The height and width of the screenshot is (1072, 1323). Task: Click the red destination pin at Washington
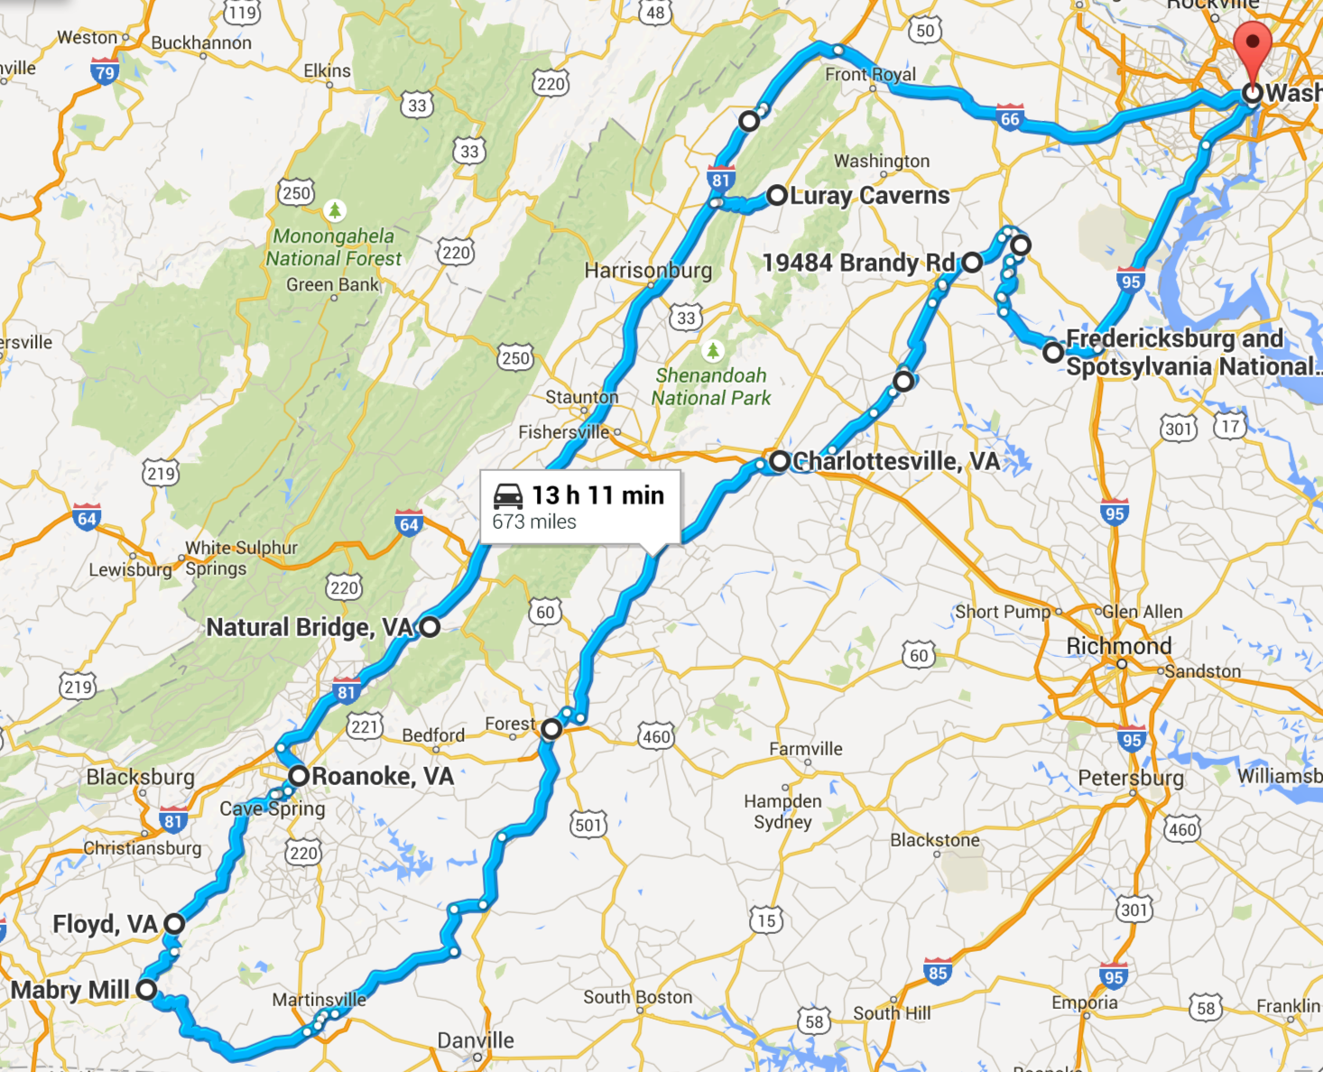1252,45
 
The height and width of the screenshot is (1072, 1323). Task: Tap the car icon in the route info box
508,496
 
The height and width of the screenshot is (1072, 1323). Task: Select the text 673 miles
534,522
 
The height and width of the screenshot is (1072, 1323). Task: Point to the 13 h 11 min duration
597,495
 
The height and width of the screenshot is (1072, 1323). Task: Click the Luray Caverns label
869,196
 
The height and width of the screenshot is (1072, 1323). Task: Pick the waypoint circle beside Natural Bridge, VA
430,626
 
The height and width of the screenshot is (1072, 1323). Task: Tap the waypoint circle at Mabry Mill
146,990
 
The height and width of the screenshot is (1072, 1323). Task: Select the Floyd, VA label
105,924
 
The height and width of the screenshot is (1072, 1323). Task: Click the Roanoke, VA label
382,776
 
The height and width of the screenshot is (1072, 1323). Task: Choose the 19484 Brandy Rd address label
858,263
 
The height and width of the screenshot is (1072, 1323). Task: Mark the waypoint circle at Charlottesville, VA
779,462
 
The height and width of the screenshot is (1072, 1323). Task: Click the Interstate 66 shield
1010,117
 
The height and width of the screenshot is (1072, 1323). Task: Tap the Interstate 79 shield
105,71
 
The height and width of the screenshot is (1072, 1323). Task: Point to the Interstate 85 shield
938,972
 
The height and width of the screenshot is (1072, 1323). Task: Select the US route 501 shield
588,825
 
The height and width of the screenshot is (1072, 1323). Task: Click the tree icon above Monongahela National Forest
335,210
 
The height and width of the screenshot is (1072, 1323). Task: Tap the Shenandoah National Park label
711,386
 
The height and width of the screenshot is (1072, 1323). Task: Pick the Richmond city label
1118,646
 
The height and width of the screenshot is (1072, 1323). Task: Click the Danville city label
476,1040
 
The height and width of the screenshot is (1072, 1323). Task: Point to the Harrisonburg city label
647,270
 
